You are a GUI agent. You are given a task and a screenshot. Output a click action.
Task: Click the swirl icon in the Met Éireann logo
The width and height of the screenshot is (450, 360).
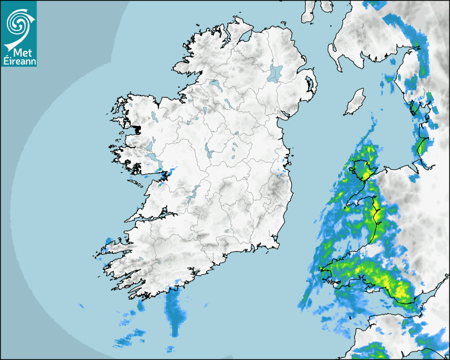[x=19, y=22]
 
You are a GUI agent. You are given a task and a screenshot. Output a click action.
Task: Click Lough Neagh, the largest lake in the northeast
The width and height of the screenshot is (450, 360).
[x=275, y=73]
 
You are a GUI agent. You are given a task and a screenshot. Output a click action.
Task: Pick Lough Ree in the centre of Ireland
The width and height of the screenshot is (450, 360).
[x=209, y=152]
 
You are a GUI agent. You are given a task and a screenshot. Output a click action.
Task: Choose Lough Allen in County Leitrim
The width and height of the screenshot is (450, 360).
[x=203, y=111]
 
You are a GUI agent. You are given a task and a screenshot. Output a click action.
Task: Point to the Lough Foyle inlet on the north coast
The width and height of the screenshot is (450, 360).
[x=245, y=37]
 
